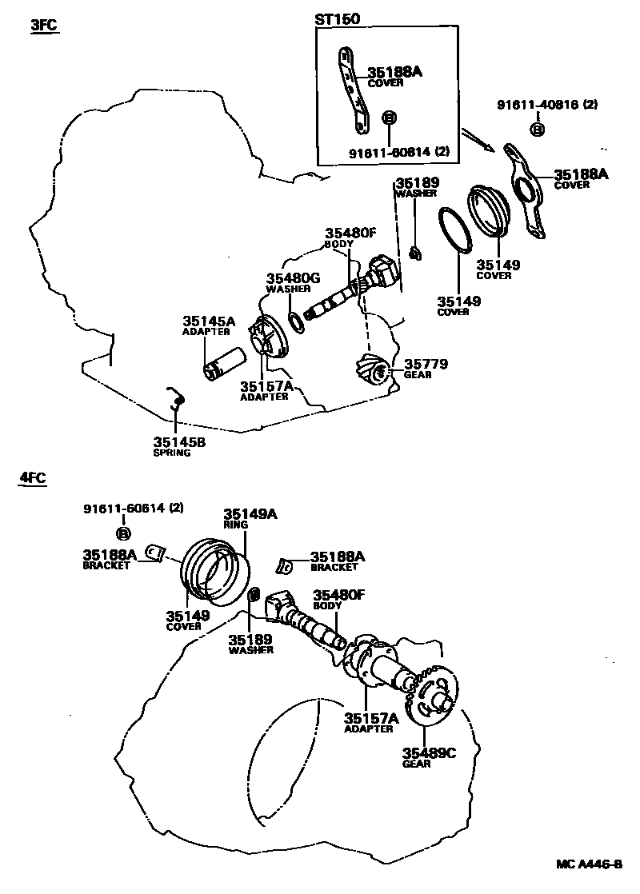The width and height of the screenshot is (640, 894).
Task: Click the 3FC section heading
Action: coord(45,25)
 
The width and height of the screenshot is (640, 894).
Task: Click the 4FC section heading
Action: coord(33,478)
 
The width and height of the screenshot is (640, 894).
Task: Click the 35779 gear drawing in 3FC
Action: coord(372,368)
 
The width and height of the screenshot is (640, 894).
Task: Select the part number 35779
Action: coord(426,364)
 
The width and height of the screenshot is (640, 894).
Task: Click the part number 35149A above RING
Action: coord(250,514)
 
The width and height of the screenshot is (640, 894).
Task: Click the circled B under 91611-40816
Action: coord(537,130)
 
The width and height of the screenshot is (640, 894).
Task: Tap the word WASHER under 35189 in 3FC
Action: coord(416,193)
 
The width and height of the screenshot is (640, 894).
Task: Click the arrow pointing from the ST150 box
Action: coord(480,141)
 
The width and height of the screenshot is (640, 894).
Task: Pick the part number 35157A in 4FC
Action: coord(372,718)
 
